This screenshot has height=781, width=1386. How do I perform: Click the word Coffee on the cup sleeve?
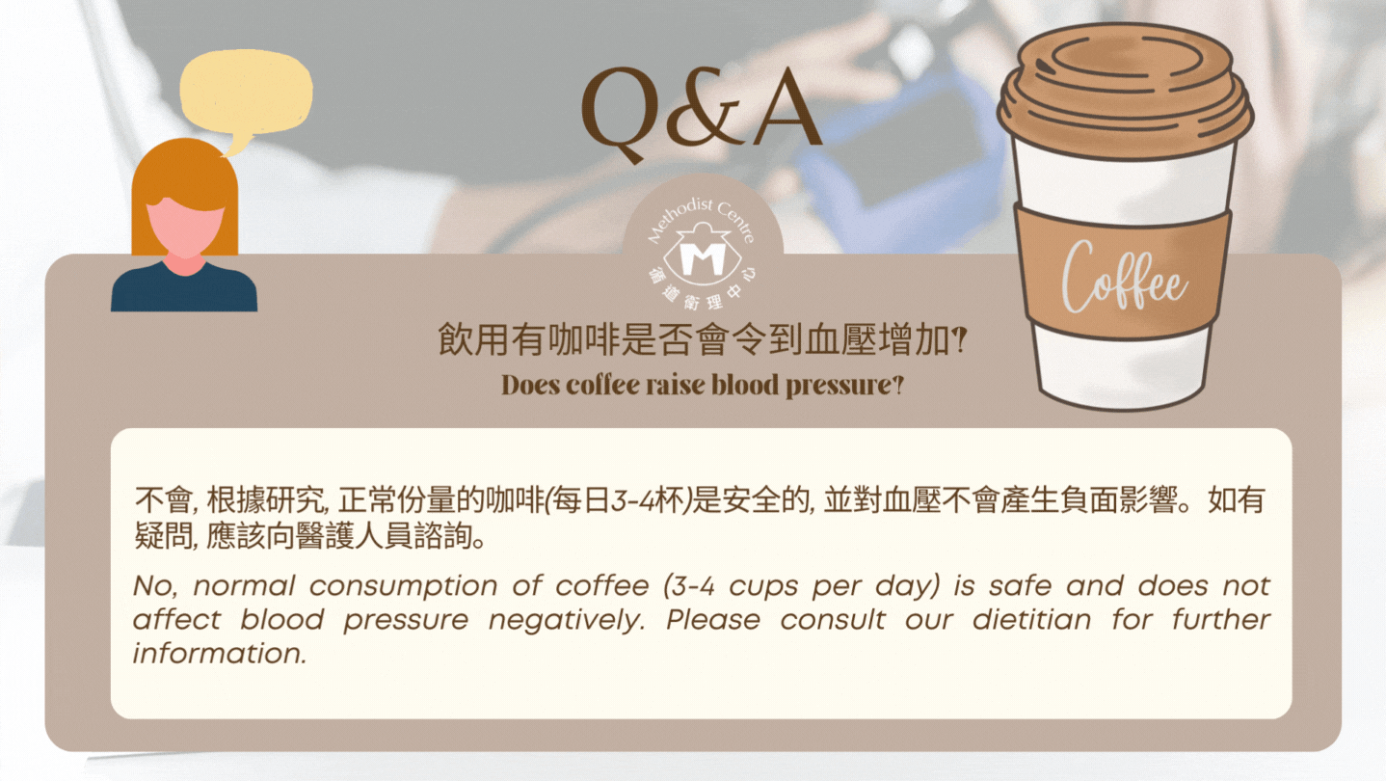[x=1124, y=278]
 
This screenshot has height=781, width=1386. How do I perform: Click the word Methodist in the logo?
[x=678, y=220]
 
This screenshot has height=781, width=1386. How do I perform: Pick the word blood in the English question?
[x=745, y=385]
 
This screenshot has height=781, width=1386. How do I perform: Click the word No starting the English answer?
[x=154, y=586]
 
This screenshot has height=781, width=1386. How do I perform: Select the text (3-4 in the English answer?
[x=689, y=586]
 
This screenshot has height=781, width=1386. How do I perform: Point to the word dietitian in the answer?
[x=1031, y=620]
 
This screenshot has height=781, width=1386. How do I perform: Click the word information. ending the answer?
[x=220, y=654]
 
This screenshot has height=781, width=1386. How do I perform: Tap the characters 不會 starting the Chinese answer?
[x=165, y=500]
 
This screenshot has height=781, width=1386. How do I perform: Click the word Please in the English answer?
[x=713, y=620]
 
